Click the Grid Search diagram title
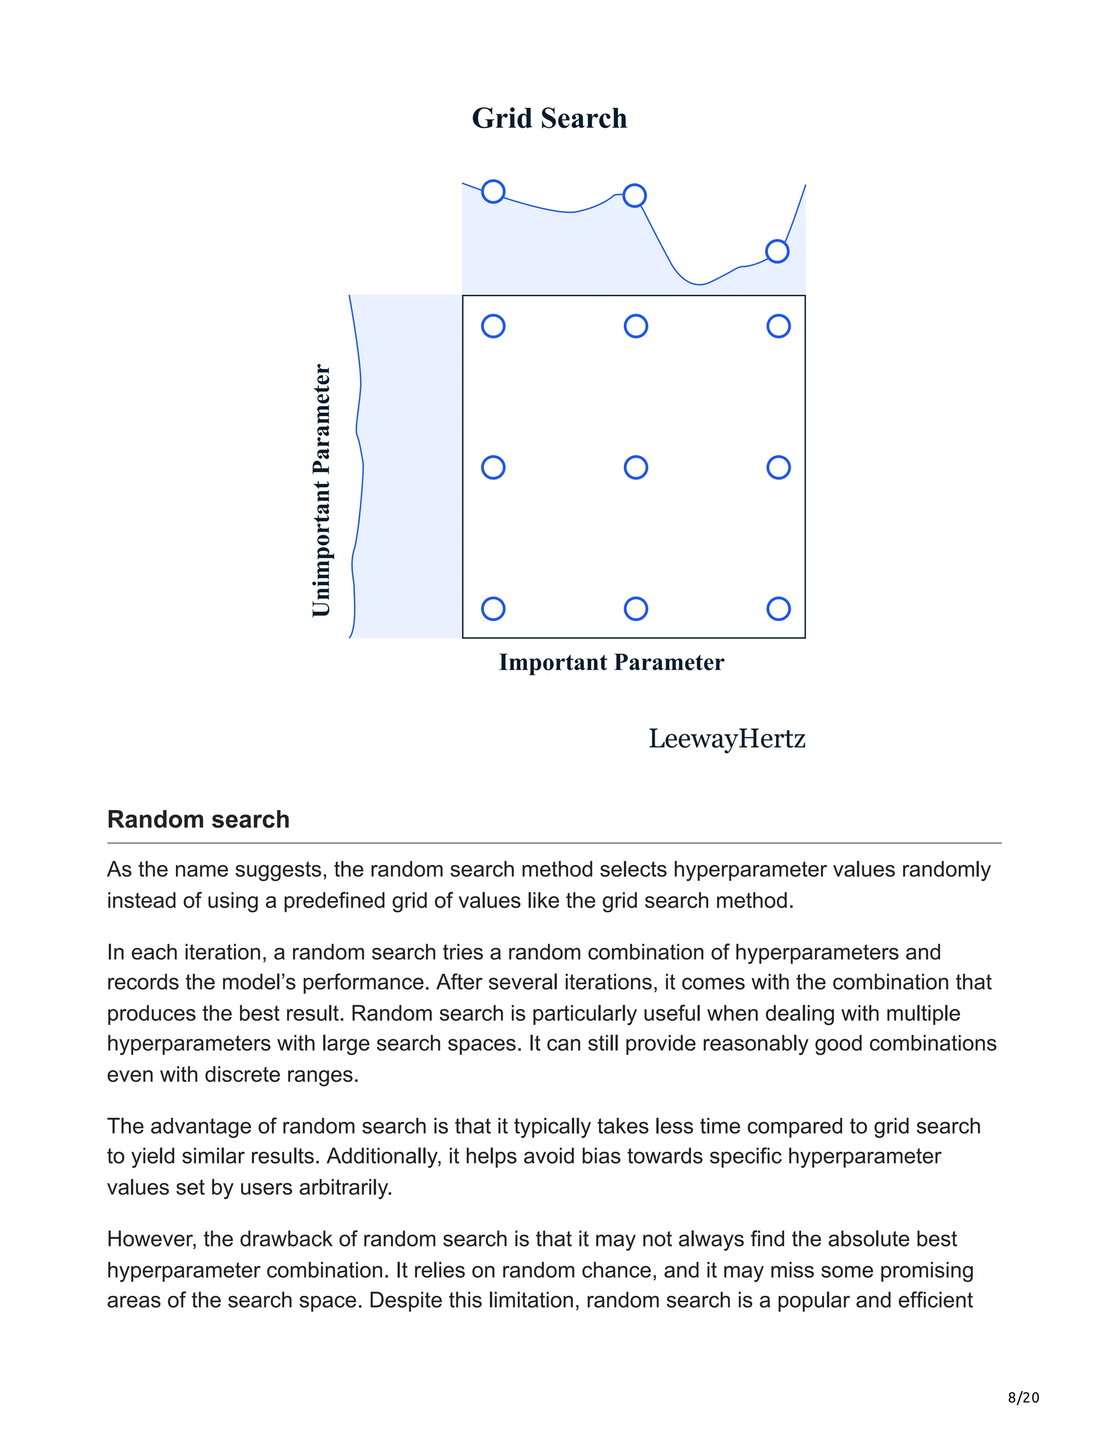(x=549, y=118)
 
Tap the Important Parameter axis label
(x=611, y=662)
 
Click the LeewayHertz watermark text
(x=727, y=739)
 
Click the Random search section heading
(x=198, y=819)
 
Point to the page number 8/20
(x=1023, y=1398)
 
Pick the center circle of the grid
(x=635, y=468)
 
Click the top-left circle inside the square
(x=493, y=326)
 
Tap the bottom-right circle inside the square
(x=778, y=609)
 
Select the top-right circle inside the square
(x=778, y=326)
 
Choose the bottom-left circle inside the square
(x=493, y=609)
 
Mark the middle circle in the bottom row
(x=635, y=609)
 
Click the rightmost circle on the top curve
(x=777, y=251)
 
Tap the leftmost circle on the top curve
(x=493, y=191)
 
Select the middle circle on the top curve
(x=634, y=195)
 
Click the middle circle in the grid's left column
(x=493, y=468)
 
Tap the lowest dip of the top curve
(x=699, y=284)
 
